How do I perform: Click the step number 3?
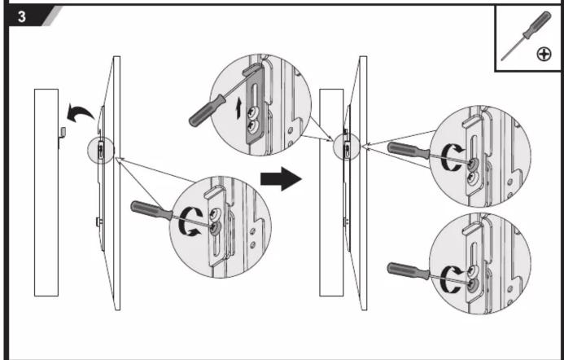tap(22, 17)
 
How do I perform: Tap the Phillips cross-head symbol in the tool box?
tap(544, 55)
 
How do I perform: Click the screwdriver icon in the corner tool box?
tap(526, 36)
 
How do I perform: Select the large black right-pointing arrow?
tap(281, 178)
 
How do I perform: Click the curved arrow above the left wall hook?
tap(80, 112)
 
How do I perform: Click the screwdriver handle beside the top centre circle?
tap(207, 111)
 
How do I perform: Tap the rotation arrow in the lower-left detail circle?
tap(190, 222)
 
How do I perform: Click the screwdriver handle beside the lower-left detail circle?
tap(151, 210)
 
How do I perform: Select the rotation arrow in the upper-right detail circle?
tap(452, 157)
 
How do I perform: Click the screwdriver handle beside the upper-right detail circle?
tap(409, 150)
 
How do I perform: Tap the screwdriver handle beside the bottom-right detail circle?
tap(409, 270)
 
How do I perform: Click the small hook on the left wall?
tap(62, 138)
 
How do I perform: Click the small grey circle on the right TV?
tap(347, 147)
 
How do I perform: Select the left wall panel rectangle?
tap(46, 192)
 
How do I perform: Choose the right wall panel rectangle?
tap(331, 192)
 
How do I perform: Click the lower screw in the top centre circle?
tap(254, 127)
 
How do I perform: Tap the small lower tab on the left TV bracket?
tap(98, 222)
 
